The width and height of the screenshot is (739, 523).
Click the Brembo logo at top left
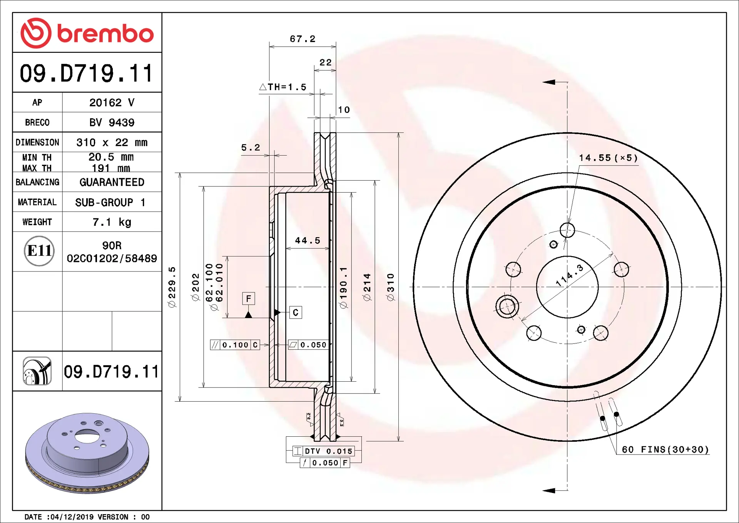point(87,33)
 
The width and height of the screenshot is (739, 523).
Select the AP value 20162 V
point(112,102)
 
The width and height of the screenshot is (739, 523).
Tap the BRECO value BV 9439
point(112,122)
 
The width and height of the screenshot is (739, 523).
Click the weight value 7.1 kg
point(112,222)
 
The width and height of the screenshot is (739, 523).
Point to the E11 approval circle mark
point(39,251)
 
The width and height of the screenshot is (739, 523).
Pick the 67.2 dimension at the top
point(303,39)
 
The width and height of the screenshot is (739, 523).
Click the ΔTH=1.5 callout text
point(283,87)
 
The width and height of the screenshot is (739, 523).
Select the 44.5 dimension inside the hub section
point(308,241)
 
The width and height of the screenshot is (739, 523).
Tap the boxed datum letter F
point(249,298)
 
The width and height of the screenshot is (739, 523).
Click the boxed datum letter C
point(296,312)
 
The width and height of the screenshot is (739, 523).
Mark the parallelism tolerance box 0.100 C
point(235,345)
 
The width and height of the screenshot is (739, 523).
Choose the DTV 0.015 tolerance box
point(324,451)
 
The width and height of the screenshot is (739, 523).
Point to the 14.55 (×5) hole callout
point(608,158)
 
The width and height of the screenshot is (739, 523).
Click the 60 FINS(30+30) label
point(665,449)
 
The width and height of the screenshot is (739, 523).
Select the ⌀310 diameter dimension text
point(391,287)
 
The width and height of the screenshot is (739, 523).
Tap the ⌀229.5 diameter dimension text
point(172,287)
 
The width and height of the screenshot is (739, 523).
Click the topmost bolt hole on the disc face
point(567,230)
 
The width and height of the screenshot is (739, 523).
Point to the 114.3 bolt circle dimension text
point(570,275)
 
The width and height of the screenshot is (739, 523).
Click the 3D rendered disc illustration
point(87,453)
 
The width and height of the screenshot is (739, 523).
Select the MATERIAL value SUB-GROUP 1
point(110,202)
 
